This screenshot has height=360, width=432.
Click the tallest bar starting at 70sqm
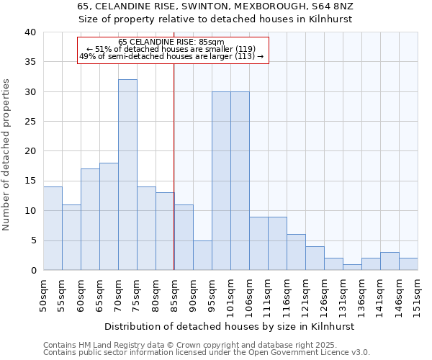pyautogui.click(x=127, y=175)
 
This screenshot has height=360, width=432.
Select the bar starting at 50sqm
pyautogui.click(x=53, y=228)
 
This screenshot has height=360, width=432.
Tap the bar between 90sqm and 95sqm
pyautogui.click(x=202, y=255)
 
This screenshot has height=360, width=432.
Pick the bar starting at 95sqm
pyautogui.click(x=221, y=181)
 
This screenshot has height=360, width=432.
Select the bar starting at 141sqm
pyautogui.click(x=390, y=261)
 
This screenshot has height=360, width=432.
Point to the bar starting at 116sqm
pyautogui.click(x=296, y=252)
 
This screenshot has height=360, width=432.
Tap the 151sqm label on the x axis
pyautogui.click(x=418, y=295)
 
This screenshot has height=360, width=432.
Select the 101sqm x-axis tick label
pyautogui.click(x=230, y=295)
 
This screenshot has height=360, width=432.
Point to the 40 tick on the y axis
pyautogui.click(x=30, y=32)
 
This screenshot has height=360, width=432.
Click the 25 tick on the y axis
pyautogui.click(x=30, y=122)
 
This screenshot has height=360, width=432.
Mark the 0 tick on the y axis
pyautogui.click(x=32, y=271)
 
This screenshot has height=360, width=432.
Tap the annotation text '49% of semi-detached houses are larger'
pyautogui.click(x=171, y=56)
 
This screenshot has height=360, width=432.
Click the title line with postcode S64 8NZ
pyautogui.click(x=215, y=6)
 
